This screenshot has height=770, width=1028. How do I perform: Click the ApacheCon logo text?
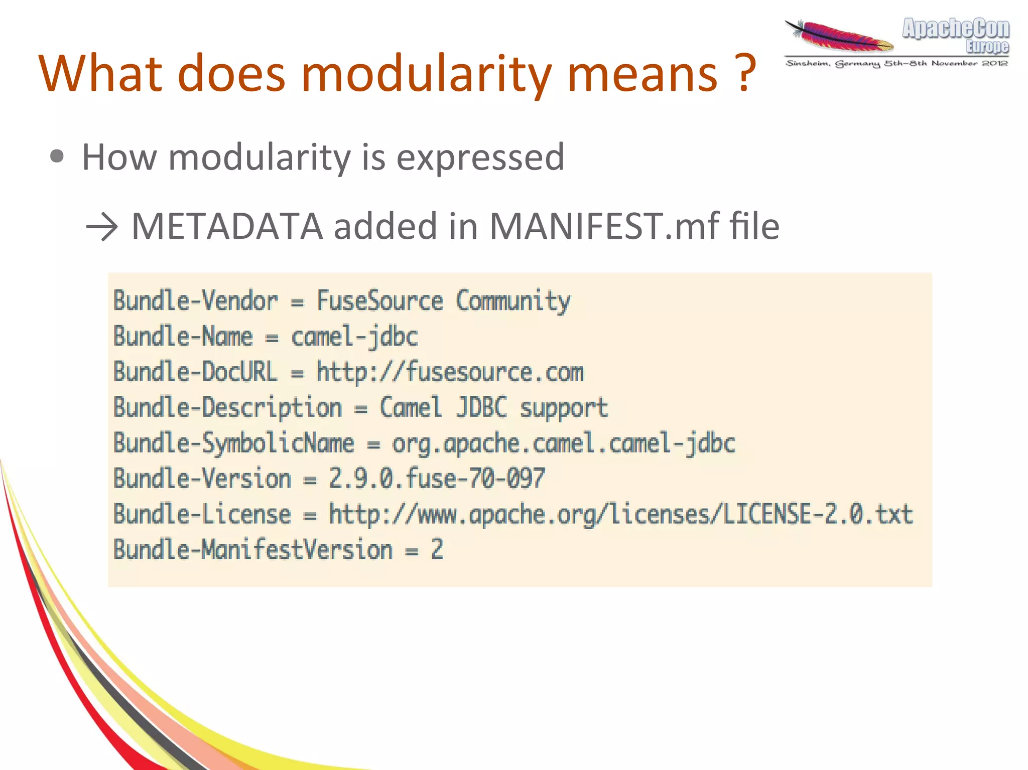[955, 29]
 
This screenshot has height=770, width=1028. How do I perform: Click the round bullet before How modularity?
[57, 157]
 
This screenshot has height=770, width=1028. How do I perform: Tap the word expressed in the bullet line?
[480, 158]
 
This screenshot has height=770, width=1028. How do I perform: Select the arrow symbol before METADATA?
[102, 227]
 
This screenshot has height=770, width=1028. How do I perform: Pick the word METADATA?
[227, 227]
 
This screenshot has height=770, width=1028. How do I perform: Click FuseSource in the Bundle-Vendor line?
[379, 301]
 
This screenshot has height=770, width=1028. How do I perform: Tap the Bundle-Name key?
[183, 336]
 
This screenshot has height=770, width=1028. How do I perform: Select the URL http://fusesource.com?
[450, 372]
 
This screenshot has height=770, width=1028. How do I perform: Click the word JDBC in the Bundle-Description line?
[481, 407]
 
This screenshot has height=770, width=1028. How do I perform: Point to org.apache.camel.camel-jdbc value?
[563, 443]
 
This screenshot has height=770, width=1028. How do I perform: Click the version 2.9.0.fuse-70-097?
[436, 479]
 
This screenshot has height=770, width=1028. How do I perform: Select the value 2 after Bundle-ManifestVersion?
[437, 550]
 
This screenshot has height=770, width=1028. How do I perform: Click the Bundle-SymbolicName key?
[233, 443]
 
